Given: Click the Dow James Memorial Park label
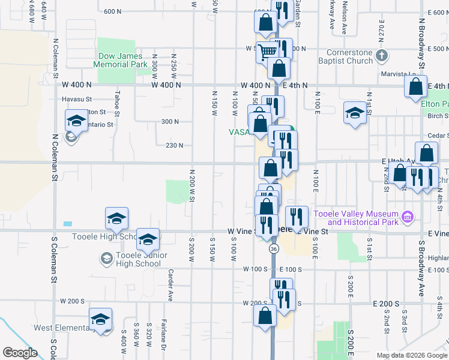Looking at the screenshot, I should click(x=121, y=60).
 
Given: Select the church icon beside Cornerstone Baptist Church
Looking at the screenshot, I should click(x=382, y=56).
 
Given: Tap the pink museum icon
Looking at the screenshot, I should click(x=408, y=215).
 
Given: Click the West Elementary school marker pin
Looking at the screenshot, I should click(x=100, y=320).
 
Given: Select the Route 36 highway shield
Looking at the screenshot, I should click(x=274, y=248).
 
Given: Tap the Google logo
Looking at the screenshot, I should click(x=20, y=353).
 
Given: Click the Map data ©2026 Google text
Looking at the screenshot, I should click(x=411, y=355).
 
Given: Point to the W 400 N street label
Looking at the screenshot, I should click(x=166, y=85).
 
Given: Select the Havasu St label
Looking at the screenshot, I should click(x=76, y=99).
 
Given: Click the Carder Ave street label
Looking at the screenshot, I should click(x=171, y=285).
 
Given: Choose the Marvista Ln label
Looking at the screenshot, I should click(x=396, y=75).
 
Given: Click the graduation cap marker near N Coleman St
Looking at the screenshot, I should click(x=76, y=119).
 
